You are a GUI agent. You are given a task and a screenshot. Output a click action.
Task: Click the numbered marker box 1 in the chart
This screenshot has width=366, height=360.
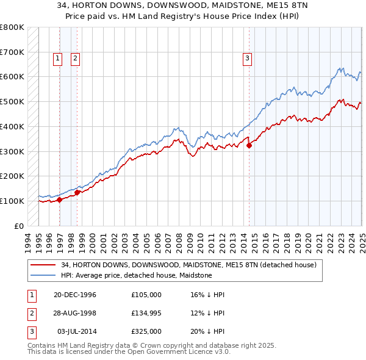click(x=57, y=59)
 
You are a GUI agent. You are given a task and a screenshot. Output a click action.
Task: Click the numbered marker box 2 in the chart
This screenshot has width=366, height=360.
click(x=75, y=59)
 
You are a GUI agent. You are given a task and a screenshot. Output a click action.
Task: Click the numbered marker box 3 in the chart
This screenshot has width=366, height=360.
click(x=247, y=59)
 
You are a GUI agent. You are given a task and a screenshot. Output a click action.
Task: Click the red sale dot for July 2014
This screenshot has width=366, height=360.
click(x=249, y=145)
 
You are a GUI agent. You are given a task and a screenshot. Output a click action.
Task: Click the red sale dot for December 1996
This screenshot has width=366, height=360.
click(x=59, y=200)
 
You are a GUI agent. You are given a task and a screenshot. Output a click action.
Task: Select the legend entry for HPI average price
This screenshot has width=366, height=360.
click(x=136, y=275)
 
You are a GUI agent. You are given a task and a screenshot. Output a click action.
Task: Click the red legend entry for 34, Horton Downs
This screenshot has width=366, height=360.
click(x=188, y=265)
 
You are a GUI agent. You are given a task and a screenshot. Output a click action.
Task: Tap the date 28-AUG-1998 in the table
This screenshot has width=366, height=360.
click(x=75, y=313)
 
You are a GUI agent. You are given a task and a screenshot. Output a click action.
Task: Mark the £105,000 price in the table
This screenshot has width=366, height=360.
click(x=146, y=295)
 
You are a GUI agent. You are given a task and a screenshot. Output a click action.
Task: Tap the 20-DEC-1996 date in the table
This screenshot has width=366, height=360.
click(x=75, y=295)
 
